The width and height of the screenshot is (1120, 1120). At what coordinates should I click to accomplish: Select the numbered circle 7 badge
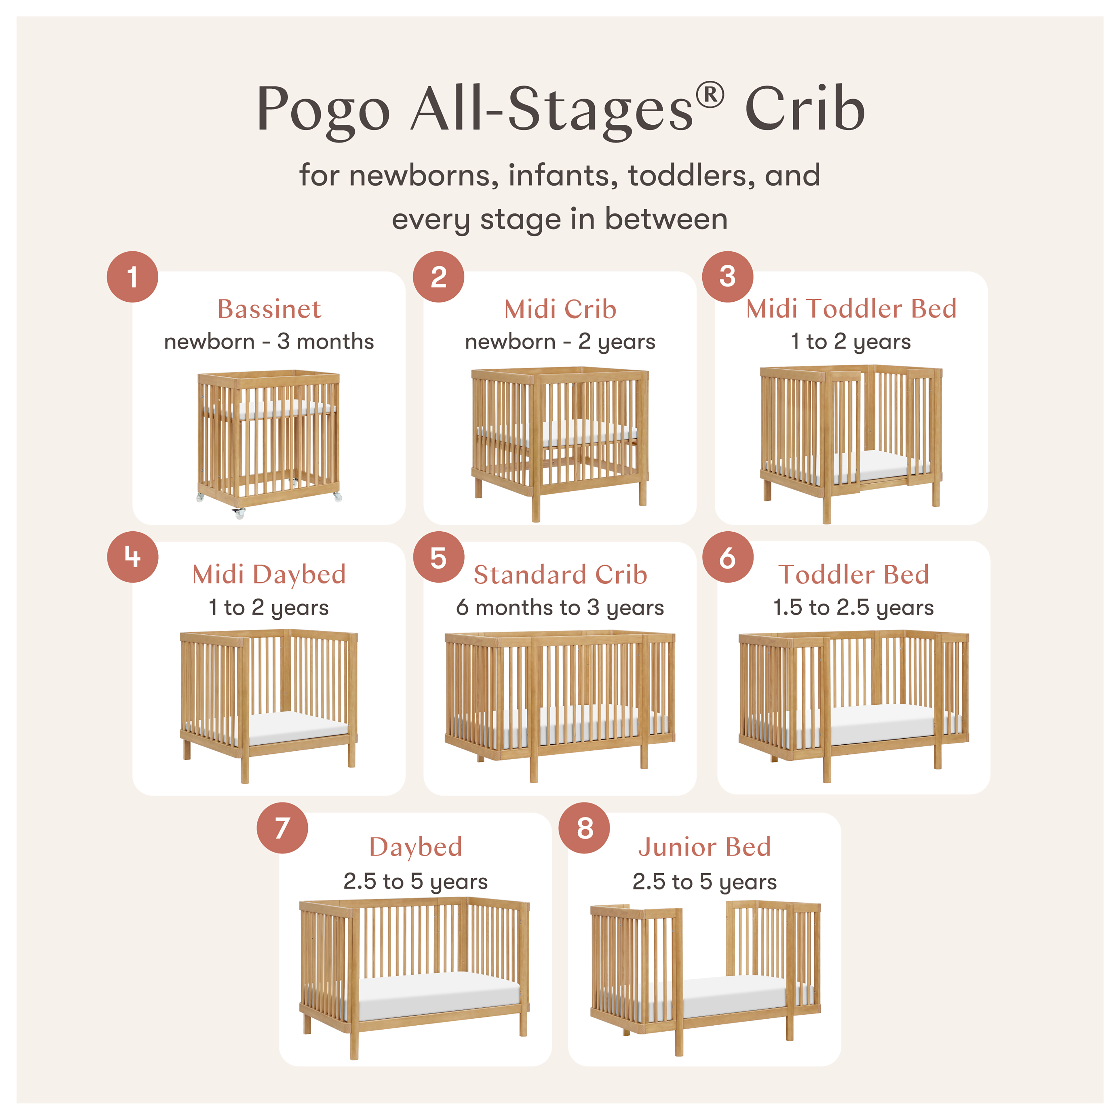(282, 828)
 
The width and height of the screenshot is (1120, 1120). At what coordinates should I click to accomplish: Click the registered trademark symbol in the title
(710, 96)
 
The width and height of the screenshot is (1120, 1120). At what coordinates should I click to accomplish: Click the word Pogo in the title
(323, 110)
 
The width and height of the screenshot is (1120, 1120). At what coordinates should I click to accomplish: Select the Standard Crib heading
(560, 575)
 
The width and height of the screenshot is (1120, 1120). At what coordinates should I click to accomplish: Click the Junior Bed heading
(704, 847)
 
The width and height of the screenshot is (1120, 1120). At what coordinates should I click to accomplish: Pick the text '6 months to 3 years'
(559, 608)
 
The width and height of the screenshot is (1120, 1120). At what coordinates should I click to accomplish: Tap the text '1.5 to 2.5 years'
(853, 608)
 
